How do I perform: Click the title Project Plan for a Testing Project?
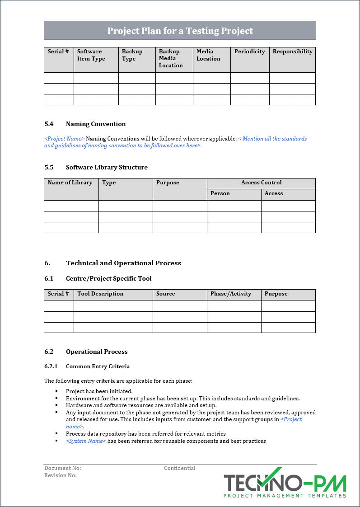click(180, 31)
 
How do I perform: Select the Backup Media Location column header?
click(171, 58)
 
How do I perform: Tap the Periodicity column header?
click(249, 52)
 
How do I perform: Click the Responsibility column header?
click(292, 52)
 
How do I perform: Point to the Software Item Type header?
click(91, 55)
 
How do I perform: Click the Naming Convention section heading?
click(96, 124)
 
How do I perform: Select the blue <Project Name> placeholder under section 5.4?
click(64, 139)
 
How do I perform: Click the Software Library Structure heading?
click(107, 167)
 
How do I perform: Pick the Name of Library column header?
click(70, 183)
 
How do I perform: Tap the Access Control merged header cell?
click(261, 183)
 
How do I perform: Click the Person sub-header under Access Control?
click(220, 193)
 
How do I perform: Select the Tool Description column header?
click(100, 294)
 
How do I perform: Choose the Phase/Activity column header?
click(230, 294)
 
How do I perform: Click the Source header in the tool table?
click(165, 294)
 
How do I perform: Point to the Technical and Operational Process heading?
click(123, 263)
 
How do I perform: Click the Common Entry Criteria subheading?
click(98, 366)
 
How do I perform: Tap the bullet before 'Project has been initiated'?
click(57, 391)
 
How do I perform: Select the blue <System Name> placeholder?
click(86, 441)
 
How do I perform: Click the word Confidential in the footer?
click(179, 468)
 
